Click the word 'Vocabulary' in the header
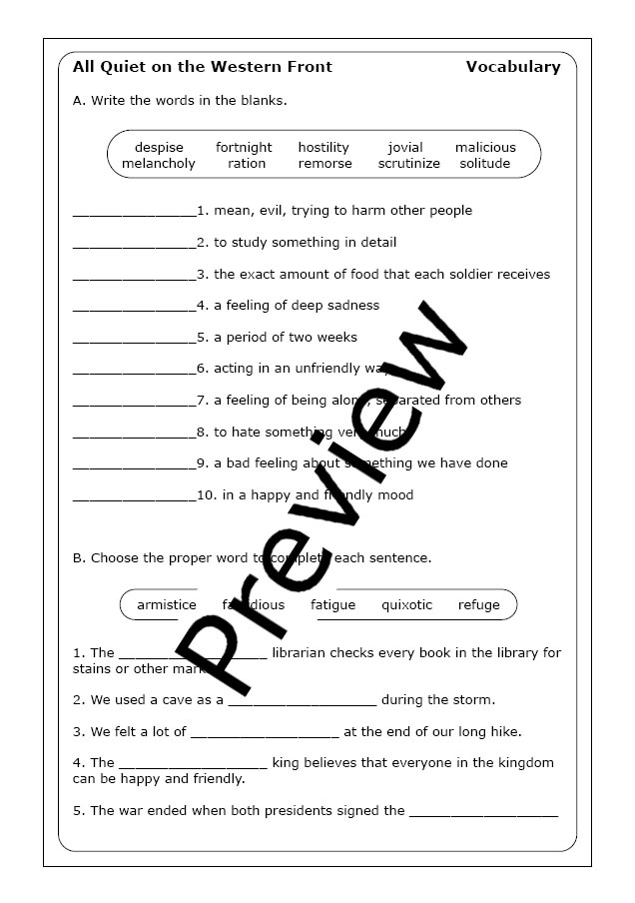pos(512,67)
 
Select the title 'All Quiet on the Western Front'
pos(203,67)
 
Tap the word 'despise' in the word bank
pos(159,148)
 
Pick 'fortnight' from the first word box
pos(244,148)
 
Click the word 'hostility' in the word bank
pos(323,148)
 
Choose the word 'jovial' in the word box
pos(405,148)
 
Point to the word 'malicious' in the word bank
pos(485,148)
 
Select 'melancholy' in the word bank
pos(159,164)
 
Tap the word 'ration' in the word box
pos(247,164)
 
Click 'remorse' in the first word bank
pos(324,164)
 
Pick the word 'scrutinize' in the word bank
pos(408,164)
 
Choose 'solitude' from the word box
pos(485,164)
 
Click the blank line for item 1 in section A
pos(135,212)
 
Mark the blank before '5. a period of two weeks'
pos(135,339)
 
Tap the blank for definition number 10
pos(135,496)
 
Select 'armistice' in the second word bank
pos(167,605)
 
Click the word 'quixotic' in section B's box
pos(407,605)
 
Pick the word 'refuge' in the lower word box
pos(479,605)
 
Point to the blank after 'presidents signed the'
pos(483,813)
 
